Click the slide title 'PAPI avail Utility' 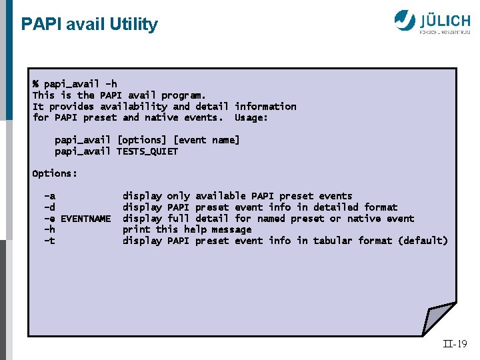89,25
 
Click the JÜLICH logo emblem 405,20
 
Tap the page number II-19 455,344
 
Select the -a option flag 49,196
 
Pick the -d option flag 49,207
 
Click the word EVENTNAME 85,219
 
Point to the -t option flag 49,241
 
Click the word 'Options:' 55,173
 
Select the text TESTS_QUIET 147,151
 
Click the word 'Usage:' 251,117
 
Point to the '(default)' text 423,241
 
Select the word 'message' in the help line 231,229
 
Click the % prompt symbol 35,84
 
